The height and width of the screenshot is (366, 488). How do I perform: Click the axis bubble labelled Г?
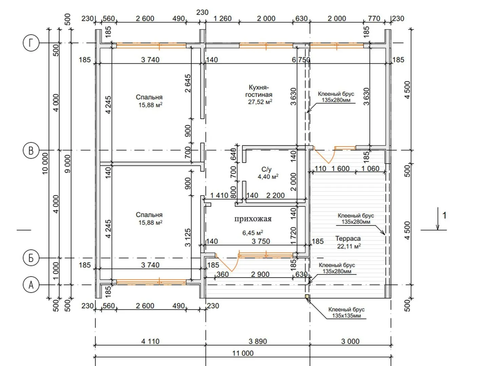pos(31,43)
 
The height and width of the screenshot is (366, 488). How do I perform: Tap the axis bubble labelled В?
pos(31,150)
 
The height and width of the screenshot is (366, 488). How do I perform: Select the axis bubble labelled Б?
pos(31,258)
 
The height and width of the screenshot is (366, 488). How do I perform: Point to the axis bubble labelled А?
pos(31,285)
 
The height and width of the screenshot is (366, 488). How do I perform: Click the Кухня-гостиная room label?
pos(259,91)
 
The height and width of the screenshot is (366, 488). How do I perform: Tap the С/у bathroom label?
pos(266,169)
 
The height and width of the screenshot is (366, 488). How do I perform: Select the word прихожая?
pos(253,219)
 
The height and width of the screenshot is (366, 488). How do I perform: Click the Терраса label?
pos(348,239)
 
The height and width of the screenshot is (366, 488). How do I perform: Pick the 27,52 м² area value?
pos(260,102)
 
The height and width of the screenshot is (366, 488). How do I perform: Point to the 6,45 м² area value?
pos(252,233)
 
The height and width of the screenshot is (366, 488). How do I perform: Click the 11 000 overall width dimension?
pos(243,353)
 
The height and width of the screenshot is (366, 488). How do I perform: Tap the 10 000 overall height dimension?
pos(45,164)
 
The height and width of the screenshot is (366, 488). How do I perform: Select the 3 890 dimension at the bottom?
pos(258,341)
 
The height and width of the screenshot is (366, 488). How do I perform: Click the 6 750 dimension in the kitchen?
pos(301,60)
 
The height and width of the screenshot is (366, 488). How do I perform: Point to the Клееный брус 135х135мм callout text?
pos(346,312)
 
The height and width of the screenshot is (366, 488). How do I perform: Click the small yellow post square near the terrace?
pos(307,296)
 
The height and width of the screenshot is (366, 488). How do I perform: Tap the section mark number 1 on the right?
pos(444,215)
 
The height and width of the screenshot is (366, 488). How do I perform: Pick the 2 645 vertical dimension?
pos(188,83)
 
